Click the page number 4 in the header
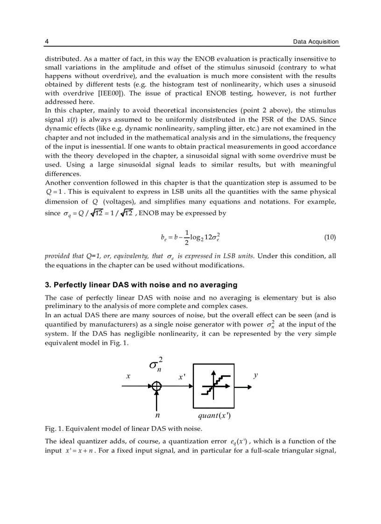pos(47,42)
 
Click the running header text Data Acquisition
pos(316,42)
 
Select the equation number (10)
pos(330,237)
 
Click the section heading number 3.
pos(48,285)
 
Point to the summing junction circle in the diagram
pos(157,386)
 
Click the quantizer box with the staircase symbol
pos(213,386)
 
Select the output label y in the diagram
pos(255,375)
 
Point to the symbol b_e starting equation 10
pos(163,238)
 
